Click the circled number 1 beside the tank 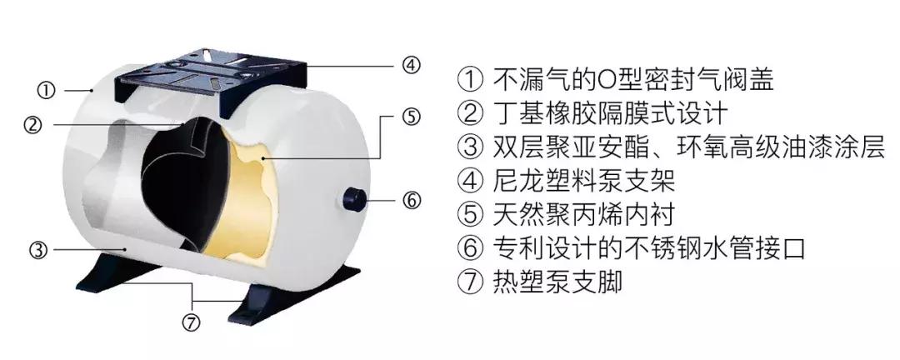[46, 90]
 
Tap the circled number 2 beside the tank [32, 125]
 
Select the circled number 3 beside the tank [37, 250]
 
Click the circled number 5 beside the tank [411, 117]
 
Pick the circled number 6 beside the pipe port [411, 200]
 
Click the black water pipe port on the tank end [355, 199]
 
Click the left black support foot [109, 272]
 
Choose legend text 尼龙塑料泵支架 [583, 181]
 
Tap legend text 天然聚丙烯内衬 [582, 214]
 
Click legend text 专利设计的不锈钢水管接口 [649, 248]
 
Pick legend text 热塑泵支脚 [557, 282]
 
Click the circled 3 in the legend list [470, 147]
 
